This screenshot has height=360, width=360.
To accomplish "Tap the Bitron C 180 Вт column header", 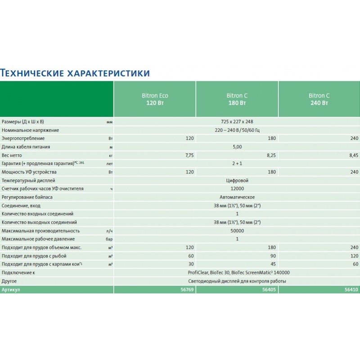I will (x=237, y=99).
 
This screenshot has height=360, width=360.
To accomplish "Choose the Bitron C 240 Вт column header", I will (x=319, y=99).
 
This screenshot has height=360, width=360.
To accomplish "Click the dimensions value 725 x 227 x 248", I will (x=237, y=122).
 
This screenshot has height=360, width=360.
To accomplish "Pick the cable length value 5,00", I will (x=237, y=147).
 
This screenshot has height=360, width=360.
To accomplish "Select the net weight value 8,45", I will (x=353, y=155).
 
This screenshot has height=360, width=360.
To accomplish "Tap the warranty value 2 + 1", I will (x=237, y=163).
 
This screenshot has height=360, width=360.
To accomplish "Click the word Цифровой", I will (x=237, y=180).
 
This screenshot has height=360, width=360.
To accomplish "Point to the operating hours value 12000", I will (x=237, y=189).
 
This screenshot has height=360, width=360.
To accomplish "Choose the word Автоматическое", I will (x=237, y=197).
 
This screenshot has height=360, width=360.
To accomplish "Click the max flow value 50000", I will (x=237, y=230).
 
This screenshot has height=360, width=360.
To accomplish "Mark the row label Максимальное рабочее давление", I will (x=38, y=239).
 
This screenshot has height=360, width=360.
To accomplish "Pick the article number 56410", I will (x=352, y=290).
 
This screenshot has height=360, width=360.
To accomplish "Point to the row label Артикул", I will (x=11, y=290).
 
